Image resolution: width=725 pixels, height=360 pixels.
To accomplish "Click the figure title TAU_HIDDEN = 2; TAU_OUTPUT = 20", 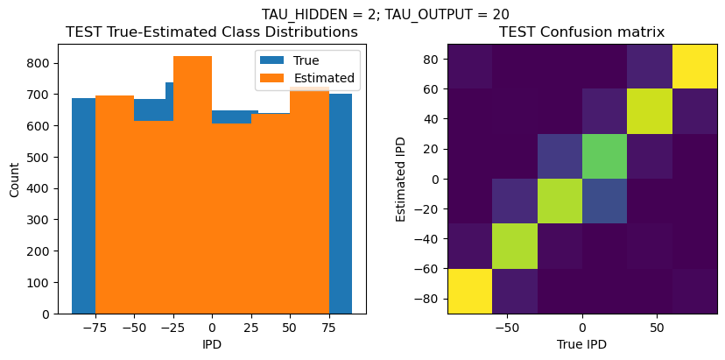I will pos(385,14).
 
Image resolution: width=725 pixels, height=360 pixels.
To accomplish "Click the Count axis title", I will pos(14,179).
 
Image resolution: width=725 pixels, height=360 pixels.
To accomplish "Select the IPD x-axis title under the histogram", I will pos(211,344).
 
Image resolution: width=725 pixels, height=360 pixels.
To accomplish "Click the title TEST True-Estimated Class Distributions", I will pos(212,32).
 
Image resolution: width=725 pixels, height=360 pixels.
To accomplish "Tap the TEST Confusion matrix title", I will pos(581,32).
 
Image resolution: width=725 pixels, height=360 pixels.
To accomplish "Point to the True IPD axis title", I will pos(581,344).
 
